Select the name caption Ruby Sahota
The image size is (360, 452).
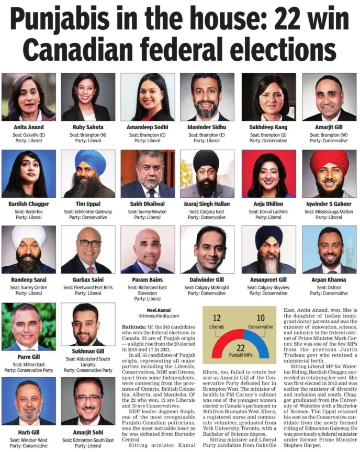pyautogui.click(x=87, y=127)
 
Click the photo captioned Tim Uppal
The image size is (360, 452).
pyautogui.click(x=87, y=174)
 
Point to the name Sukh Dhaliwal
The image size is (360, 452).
pyautogui.click(x=147, y=204)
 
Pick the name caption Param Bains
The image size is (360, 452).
pyautogui.click(x=147, y=279)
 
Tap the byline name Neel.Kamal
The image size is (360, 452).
pyautogui.click(x=151, y=309)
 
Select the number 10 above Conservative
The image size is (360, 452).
pyautogui.click(x=260, y=318)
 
